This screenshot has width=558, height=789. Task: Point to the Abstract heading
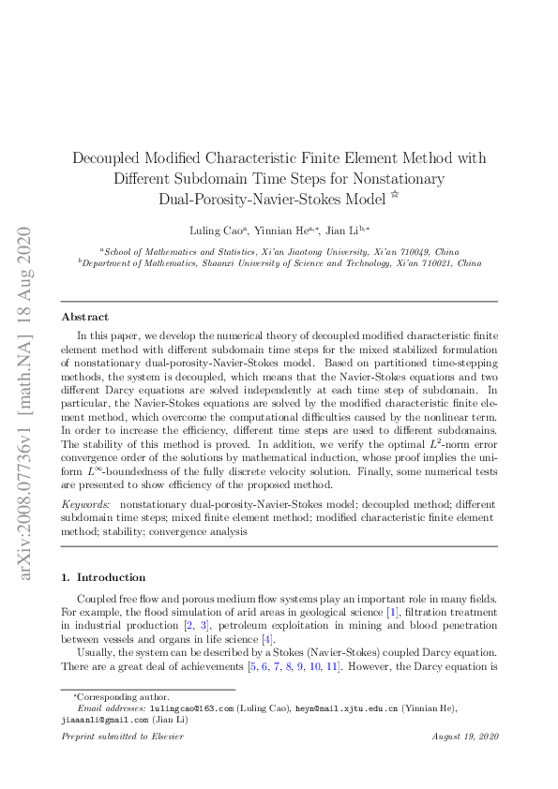[x=84, y=317]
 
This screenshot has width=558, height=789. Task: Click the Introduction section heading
[x=110, y=577]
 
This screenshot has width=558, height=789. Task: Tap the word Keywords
[x=84, y=504]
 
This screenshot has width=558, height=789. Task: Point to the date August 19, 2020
[x=463, y=737]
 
